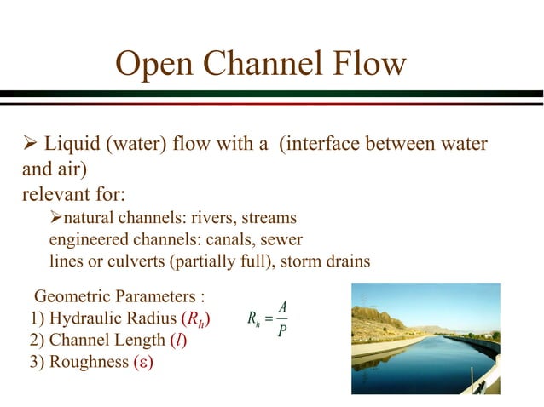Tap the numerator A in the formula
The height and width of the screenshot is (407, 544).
(x=282, y=307)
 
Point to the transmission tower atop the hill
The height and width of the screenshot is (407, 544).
(x=366, y=301)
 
